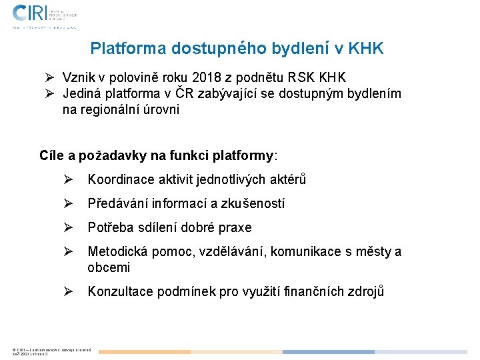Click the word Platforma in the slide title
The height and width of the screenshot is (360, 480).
[128, 49]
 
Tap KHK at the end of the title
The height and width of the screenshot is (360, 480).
[366, 49]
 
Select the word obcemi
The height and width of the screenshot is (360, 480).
[109, 267]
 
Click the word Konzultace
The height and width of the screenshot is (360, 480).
[119, 292]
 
